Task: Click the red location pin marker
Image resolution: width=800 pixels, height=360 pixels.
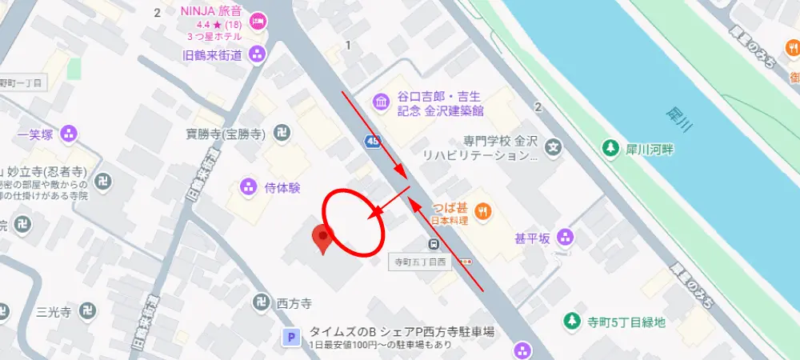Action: (x=322, y=238)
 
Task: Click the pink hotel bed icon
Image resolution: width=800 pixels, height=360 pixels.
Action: (x=258, y=22)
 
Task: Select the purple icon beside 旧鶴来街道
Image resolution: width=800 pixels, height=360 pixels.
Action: (x=258, y=54)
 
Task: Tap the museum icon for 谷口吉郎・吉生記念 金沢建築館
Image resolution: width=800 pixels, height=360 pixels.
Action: (x=381, y=102)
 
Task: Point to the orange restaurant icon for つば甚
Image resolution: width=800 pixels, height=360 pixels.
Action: (x=483, y=211)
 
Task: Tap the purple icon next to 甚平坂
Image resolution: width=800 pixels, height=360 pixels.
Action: (x=566, y=237)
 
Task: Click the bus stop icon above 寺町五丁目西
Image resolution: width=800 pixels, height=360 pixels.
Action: (x=433, y=244)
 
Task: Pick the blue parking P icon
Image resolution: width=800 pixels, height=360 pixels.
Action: (x=293, y=339)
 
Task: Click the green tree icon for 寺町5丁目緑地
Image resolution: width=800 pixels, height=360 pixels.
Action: (x=571, y=322)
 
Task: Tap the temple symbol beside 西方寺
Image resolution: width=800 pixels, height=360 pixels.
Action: (x=260, y=303)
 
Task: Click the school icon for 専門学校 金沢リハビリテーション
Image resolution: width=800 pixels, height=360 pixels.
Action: (x=553, y=147)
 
